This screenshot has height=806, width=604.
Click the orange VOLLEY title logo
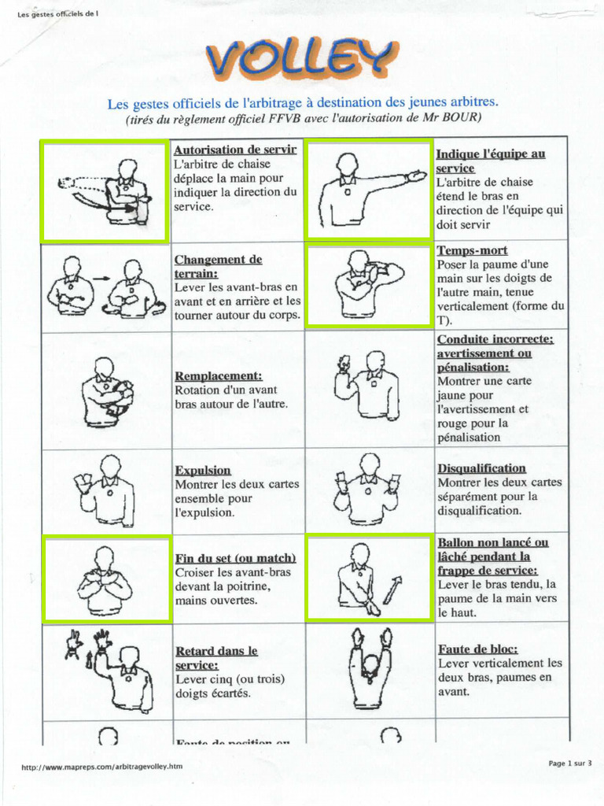coord(300,57)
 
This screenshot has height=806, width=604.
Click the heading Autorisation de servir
coord(235,150)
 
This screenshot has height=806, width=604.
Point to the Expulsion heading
coord(203,470)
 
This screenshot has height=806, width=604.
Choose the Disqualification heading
coord(481,468)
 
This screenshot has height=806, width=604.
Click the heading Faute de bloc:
coord(477,649)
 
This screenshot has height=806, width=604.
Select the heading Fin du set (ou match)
coord(235,557)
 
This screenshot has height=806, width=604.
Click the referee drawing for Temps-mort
coord(367,283)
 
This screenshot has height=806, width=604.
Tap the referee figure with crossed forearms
coord(105,581)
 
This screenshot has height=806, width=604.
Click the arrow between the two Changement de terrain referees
coord(101,278)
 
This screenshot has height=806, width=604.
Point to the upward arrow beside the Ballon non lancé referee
coord(392,589)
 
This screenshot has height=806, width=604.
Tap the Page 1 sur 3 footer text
coord(569,763)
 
